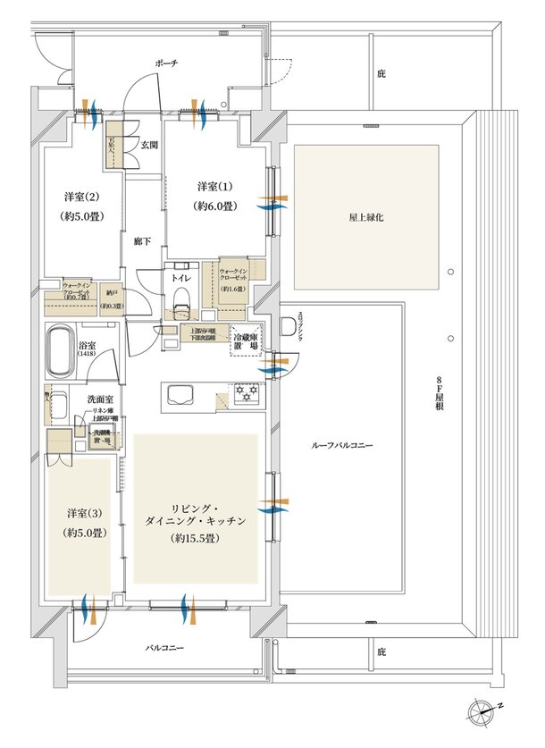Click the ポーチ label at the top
pyautogui.click(x=166, y=63)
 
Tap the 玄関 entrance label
pyautogui.click(x=149, y=145)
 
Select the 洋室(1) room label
pyautogui.click(x=215, y=187)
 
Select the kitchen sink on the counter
pyautogui.click(x=180, y=394)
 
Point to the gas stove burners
pyautogui.click(x=245, y=392)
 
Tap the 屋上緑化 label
pyautogui.click(x=366, y=216)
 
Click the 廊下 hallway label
pyautogui.click(x=142, y=242)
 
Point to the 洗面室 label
pyautogui.click(x=98, y=399)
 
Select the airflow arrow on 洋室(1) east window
pyautogui.click(x=269, y=203)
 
